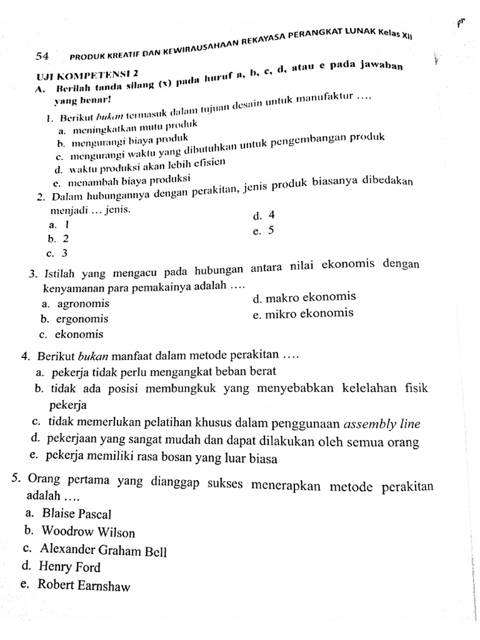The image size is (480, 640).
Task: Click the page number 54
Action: click(x=42, y=56)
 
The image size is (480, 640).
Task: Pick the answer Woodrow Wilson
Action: click(x=88, y=532)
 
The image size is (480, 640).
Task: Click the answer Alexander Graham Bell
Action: click(x=103, y=550)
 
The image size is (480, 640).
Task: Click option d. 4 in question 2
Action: click(x=264, y=216)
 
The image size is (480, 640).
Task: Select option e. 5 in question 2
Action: click(x=264, y=231)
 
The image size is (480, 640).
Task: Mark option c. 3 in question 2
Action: click(x=57, y=253)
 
